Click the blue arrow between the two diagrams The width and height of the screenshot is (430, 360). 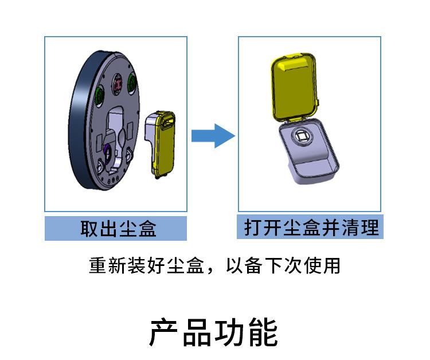tap(213, 136)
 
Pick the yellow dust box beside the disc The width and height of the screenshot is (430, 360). tap(163, 143)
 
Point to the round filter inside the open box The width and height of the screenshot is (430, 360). tap(302, 137)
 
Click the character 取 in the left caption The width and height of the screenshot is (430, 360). tap(89, 229)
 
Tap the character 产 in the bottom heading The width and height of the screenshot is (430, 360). tap(166, 332)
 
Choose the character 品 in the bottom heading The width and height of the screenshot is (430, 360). tap(198, 332)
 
